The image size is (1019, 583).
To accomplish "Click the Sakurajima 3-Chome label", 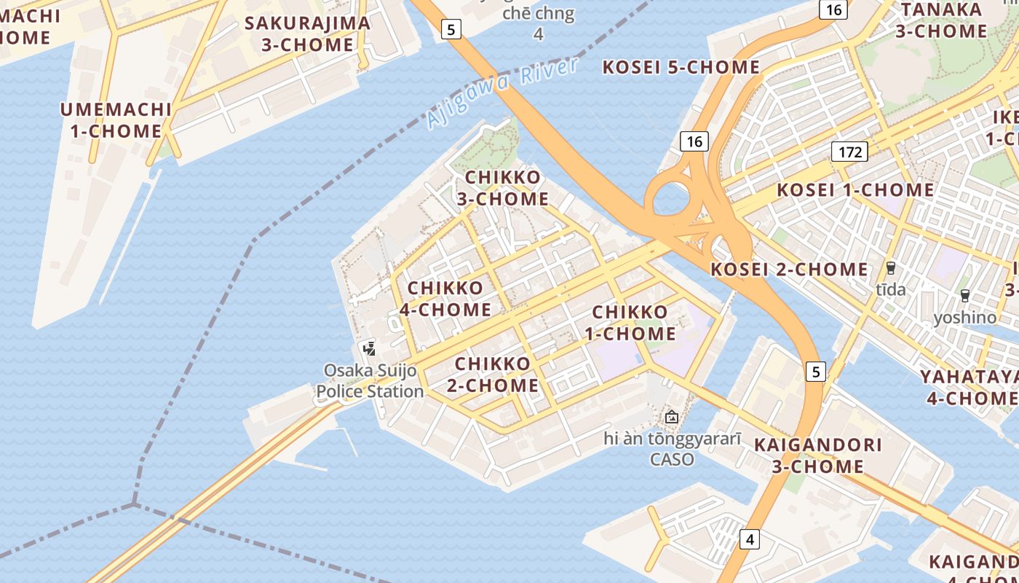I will click(307, 34).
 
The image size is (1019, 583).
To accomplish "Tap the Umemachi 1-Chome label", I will click(116, 120).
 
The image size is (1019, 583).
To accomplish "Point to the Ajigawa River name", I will click(503, 93).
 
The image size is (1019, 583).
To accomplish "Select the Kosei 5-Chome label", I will click(681, 68).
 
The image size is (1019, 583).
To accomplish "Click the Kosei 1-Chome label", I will click(855, 190).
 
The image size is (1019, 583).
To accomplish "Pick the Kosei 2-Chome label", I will click(789, 269).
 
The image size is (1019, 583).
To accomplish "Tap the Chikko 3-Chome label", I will click(503, 188).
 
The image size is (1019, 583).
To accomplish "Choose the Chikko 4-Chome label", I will click(445, 299).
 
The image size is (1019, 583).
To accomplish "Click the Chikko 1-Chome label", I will click(630, 323).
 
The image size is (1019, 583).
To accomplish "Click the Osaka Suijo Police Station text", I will click(370, 381).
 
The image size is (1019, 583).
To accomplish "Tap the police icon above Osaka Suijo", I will click(370, 348).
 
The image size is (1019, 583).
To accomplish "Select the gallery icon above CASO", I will click(671, 417).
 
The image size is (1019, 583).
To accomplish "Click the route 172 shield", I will click(849, 152).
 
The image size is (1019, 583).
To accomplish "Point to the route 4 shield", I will click(750, 539).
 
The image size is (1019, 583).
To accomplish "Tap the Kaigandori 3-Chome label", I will click(817, 455).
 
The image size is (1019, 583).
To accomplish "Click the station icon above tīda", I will click(890, 267).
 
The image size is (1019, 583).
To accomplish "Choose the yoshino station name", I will click(965, 317).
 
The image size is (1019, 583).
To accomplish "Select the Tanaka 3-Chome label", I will click(941, 20).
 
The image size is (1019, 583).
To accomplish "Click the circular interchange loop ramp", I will click(667, 198).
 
